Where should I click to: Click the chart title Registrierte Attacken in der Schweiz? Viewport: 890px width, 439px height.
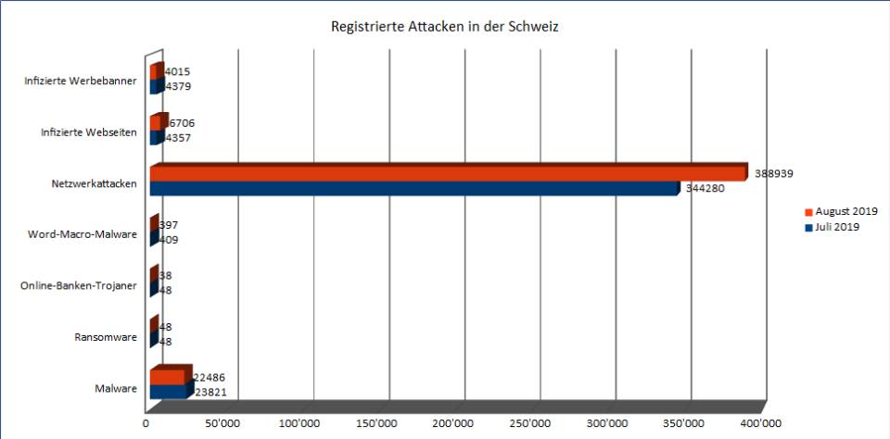point(444,27)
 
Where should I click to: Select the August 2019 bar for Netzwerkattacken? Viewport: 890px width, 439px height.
point(445,173)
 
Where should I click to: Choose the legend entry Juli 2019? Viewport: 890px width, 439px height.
point(833,227)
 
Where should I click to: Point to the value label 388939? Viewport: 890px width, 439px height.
point(773,173)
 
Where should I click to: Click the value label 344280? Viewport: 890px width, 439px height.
point(705,188)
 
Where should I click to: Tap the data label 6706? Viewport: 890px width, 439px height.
point(182,123)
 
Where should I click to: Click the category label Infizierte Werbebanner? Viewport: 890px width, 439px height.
point(82,81)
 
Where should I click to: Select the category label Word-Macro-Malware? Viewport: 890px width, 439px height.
point(83,234)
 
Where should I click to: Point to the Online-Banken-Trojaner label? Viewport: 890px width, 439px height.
point(79,285)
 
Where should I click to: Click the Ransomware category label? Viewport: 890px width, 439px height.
point(106,337)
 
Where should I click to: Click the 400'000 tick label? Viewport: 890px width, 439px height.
point(758,423)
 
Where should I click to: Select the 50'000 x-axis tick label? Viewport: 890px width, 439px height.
point(223,423)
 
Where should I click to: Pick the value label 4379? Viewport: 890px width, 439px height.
point(178,87)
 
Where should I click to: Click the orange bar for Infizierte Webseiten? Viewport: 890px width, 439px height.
point(156,123)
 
